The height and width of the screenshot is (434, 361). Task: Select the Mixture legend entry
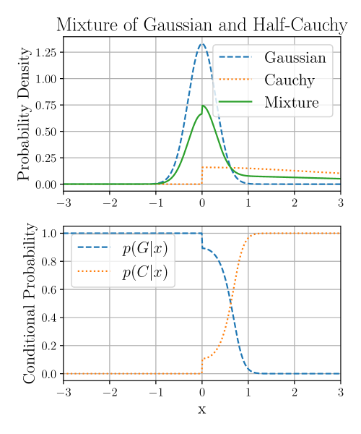(x=291, y=102)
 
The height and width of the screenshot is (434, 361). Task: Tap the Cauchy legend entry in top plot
(x=289, y=80)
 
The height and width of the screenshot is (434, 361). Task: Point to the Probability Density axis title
(x=24, y=114)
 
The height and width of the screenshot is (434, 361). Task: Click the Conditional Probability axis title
(x=30, y=303)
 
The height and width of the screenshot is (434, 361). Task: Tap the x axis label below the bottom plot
(x=201, y=410)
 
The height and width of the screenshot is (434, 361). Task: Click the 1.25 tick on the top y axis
(x=45, y=52)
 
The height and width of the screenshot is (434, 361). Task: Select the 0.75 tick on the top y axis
(x=45, y=105)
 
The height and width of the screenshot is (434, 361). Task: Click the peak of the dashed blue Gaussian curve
(x=202, y=44)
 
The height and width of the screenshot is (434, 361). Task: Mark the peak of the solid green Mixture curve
(x=203, y=106)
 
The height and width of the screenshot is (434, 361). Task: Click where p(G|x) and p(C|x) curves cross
(x=230, y=303)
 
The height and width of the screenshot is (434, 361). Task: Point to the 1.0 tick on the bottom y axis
(x=49, y=233)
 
